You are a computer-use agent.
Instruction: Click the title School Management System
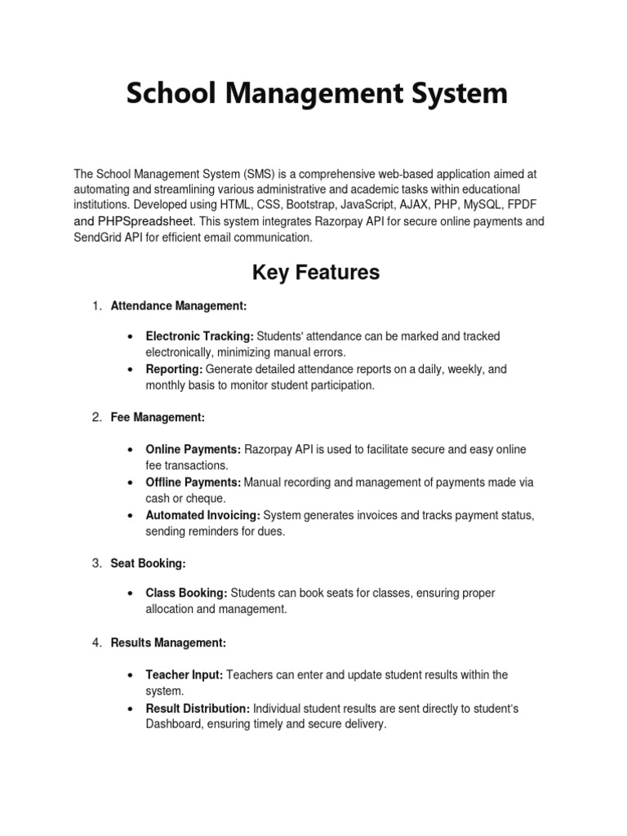click(x=316, y=93)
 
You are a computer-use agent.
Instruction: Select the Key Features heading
click(x=316, y=272)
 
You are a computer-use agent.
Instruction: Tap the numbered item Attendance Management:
click(x=179, y=305)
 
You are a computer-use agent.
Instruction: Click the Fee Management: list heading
click(x=158, y=417)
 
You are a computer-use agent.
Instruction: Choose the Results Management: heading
click(x=168, y=643)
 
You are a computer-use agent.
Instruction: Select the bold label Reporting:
click(x=174, y=369)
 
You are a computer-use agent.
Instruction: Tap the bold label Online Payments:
click(x=193, y=449)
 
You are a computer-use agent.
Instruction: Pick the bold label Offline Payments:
click(x=193, y=482)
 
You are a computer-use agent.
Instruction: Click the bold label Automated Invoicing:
click(x=203, y=515)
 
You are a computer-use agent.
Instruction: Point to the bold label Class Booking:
click(x=187, y=593)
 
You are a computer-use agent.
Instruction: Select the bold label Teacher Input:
click(x=185, y=674)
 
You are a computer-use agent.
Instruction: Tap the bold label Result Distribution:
click(x=198, y=708)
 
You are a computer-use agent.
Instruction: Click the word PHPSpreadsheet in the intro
click(x=146, y=221)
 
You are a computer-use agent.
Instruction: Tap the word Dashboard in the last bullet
click(x=174, y=724)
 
